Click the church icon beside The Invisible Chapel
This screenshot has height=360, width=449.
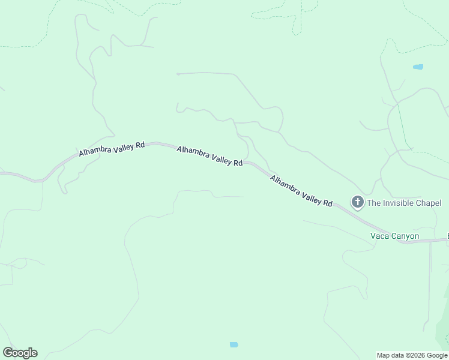click(x=357, y=202)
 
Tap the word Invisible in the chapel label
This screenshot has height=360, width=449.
click(x=399, y=203)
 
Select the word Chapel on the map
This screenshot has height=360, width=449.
click(x=429, y=203)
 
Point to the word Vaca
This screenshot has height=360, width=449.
click(x=379, y=236)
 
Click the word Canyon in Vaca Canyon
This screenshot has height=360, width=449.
click(x=405, y=236)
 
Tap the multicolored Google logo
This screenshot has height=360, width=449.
click(x=20, y=353)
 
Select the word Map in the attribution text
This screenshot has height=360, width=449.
click(x=384, y=355)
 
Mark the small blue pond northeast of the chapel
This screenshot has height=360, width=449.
click(x=418, y=67)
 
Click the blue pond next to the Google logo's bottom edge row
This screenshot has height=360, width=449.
click(x=234, y=344)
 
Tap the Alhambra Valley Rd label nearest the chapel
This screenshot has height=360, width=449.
click(x=301, y=191)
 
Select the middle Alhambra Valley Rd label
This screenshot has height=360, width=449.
click(x=209, y=155)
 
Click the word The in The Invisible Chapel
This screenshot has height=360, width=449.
click(x=373, y=203)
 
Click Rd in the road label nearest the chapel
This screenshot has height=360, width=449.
click(x=328, y=203)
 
